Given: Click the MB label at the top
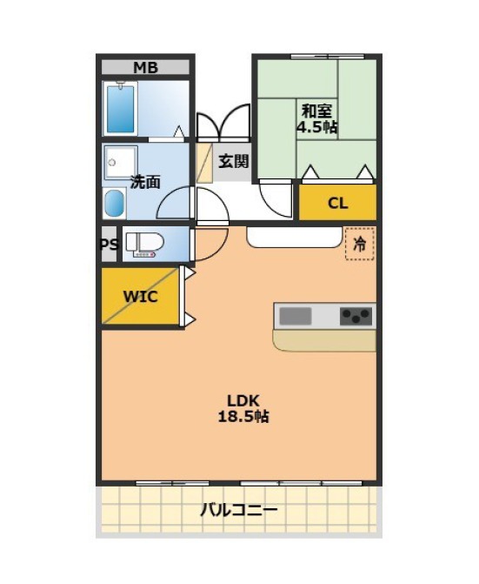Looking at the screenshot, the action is pos(145,68).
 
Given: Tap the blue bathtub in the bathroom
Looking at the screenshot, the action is pos(120,109).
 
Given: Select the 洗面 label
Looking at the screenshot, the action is pos(145,182).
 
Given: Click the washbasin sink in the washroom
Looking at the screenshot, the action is pos(114,203).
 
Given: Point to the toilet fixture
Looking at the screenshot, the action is pos(145,245).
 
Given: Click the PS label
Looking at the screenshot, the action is pos(110,245).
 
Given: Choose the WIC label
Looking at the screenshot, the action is pos(140,297).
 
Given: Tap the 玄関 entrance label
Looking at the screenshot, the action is pos(233,161).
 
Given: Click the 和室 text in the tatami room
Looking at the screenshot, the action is pos(316,111).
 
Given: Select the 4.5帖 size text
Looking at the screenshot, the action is pos(316,127).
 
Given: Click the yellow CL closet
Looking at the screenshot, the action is pos(337,202).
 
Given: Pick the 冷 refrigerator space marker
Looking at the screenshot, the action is pos(359,244).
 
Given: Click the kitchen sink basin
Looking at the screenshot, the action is pos(296,316).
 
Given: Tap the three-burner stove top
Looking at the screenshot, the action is pos(356,316).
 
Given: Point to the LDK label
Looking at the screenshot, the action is pos(243,400).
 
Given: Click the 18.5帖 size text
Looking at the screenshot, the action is pos(243,416).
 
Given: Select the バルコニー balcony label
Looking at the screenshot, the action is pos(239,509).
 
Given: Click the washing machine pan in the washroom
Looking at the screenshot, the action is pos(121,163).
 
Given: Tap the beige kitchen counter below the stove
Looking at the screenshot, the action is pos(324,340).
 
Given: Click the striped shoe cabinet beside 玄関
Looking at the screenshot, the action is pos(204,163).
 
